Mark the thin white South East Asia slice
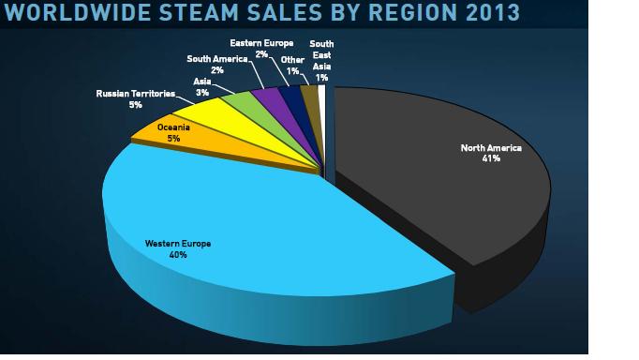[x=322, y=92]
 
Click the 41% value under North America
[x=491, y=158]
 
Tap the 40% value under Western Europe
[x=178, y=254]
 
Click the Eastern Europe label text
[x=261, y=43]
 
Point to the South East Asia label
[x=321, y=55]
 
